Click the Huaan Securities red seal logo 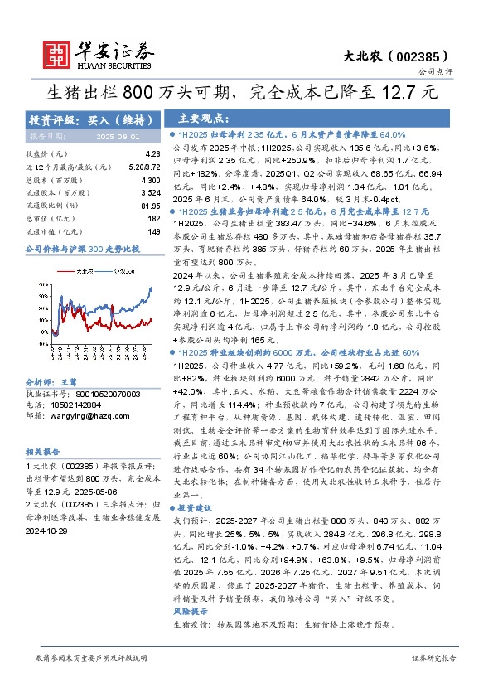tap(57, 53)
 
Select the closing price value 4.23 tap(152, 154)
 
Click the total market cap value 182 tap(152, 218)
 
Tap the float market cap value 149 tap(152, 231)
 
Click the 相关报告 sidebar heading tap(41, 452)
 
